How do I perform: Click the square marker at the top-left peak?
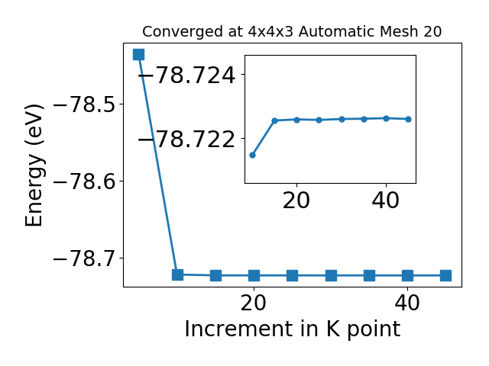click(139, 54)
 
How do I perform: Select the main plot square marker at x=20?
click(254, 275)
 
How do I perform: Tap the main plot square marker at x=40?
click(407, 275)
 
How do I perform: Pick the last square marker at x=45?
click(446, 275)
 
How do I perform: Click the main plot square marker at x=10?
click(177, 274)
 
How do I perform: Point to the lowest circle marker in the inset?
click(253, 155)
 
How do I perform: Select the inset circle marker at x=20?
click(297, 120)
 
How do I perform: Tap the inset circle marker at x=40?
click(386, 118)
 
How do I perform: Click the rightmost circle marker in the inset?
click(409, 119)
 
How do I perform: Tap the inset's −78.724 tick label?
click(186, 75)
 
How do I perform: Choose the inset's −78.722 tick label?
click(186, 140)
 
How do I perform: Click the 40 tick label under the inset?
click(385, 201)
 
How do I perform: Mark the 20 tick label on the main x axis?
click(254, 303)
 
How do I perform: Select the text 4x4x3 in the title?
click(270, 32)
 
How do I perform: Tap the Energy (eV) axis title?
click(34, 165)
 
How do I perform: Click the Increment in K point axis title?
click(293, 329)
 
